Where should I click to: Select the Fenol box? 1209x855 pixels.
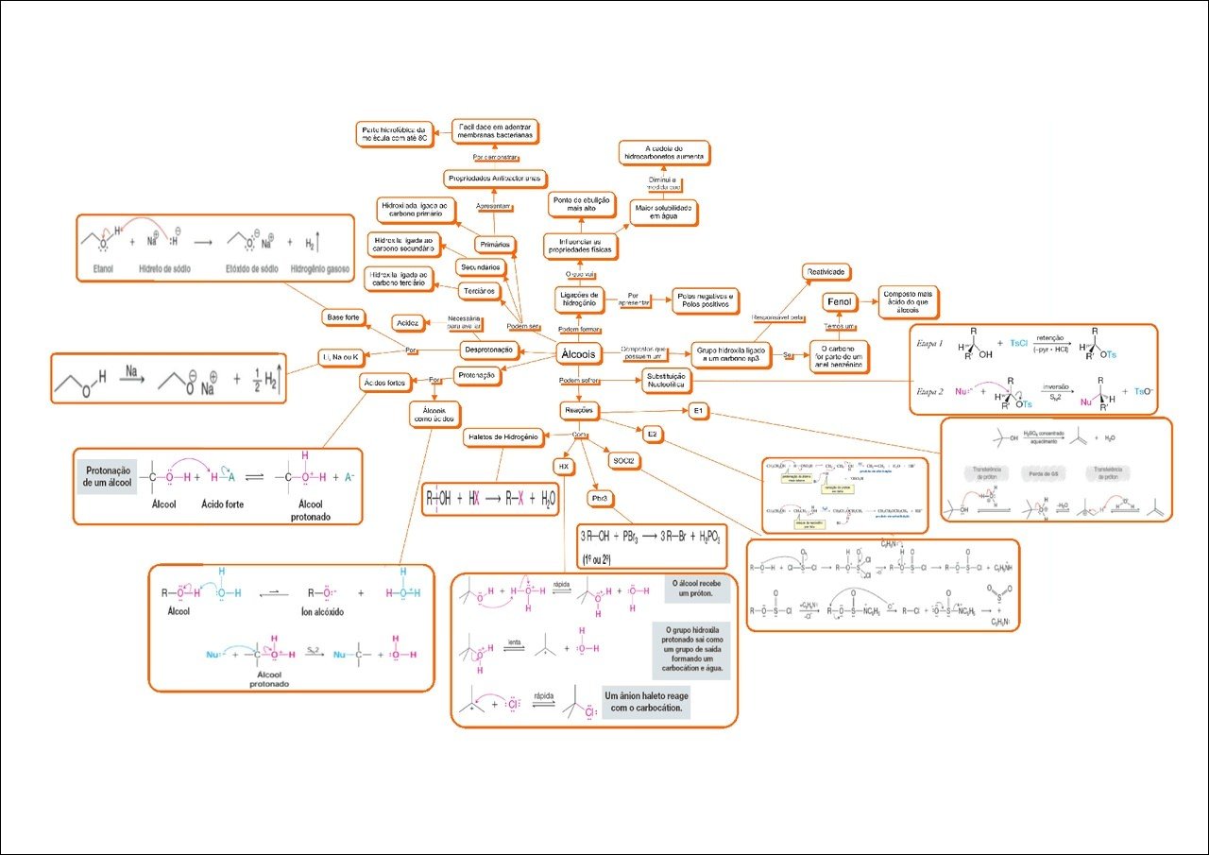[x=839, y=301]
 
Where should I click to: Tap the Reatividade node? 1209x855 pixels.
[x=826, y=272]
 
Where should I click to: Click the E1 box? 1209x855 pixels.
[x=698, y=412]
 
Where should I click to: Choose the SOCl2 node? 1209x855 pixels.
[x=626, y=461]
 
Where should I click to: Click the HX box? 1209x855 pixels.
[x=562, y=467]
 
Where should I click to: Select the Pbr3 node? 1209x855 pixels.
[x=598, y=497]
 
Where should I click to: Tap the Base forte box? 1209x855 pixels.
[x=343, y=317]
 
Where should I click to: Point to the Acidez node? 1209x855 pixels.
[x=408, y=323]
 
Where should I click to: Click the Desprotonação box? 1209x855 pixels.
[x=488, y=350]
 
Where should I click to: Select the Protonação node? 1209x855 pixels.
[x=477, y=375]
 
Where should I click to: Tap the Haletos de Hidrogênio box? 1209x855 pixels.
[x=502, y=437]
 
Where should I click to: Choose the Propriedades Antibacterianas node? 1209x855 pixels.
[x=494, y=179]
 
